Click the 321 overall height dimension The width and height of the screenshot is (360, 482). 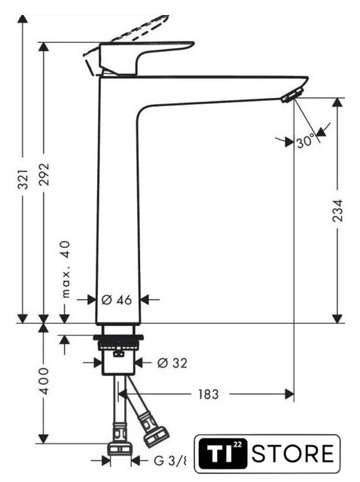tap(23, 178)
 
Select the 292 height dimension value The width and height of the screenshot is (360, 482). tap(44, 174)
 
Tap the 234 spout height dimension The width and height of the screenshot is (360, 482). tap(337, 211)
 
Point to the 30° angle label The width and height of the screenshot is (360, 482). tap(306, 142)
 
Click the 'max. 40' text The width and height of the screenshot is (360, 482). tap(66, 270)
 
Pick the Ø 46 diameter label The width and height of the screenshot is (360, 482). tap(117, 300)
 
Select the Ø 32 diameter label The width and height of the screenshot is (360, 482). tap(172, 363)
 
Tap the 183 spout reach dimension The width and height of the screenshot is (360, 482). tap(208, 394)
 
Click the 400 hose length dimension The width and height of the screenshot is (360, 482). tap(44, 381)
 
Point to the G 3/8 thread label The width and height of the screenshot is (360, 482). tap(170, 461)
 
